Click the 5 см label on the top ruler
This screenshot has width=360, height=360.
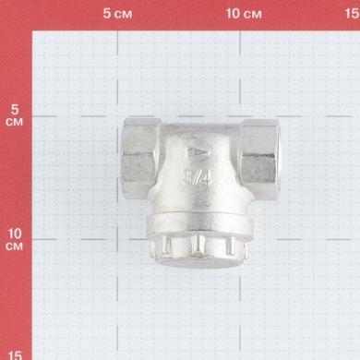point(117,14)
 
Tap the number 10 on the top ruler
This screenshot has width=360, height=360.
point(233,14)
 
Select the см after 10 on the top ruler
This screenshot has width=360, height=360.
point(252,15)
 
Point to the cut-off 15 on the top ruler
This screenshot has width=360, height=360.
point(353,14)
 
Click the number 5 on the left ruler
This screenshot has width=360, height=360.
point(15,110)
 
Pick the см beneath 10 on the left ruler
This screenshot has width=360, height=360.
point(14,246)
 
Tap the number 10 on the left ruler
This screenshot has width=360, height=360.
point(15,234)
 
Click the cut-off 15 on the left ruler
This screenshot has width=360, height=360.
point(15,355)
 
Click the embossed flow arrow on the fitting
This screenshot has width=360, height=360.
point(199,151)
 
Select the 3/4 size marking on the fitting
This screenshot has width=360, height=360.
point(198,176)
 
